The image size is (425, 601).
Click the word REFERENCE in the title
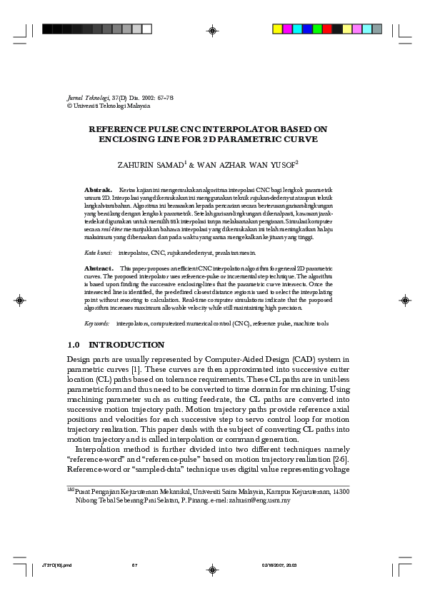(x=115, y=129)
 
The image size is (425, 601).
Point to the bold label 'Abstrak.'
(x=98, y=189)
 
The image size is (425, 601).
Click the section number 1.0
(x=74, y=345)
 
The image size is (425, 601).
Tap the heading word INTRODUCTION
(x=126, y=345)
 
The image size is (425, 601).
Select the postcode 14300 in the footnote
(x=341, y=492)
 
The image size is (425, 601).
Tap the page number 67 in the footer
(x=134, y=565)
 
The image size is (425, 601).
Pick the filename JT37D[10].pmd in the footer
(x=58, y=565)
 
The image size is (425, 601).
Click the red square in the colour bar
(x=327, y=29)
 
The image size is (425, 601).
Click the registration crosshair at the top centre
(x=212, y=30)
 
